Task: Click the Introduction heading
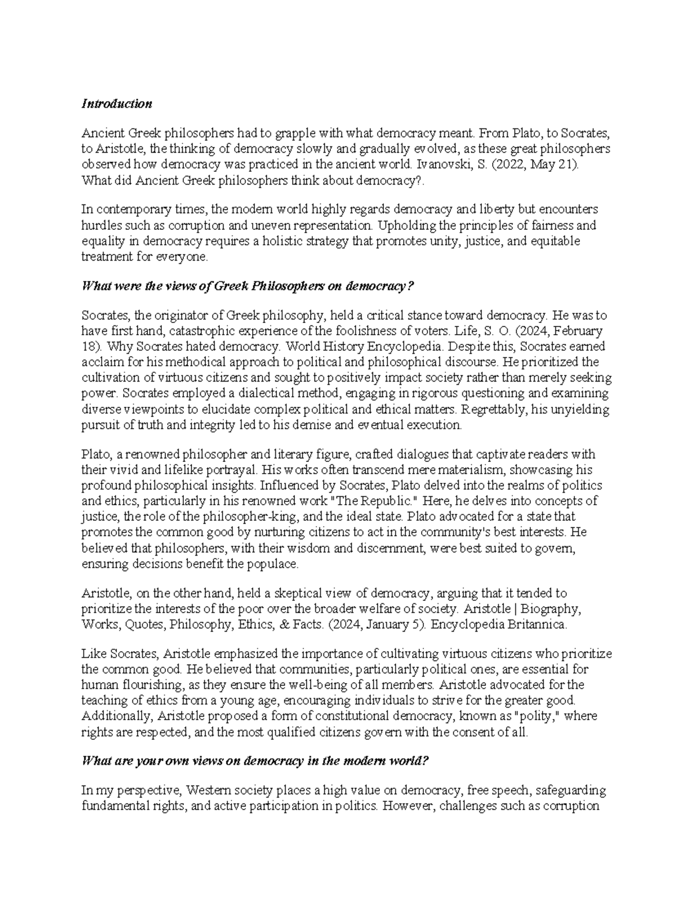tap(117, 104)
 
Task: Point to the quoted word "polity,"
tap(537, 716)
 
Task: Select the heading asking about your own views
tap(255, 761)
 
